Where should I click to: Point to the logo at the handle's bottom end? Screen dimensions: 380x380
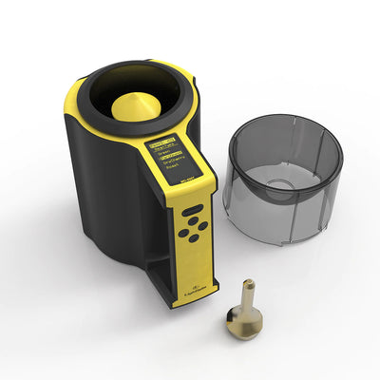187,290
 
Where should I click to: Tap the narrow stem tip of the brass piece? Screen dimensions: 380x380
249,284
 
